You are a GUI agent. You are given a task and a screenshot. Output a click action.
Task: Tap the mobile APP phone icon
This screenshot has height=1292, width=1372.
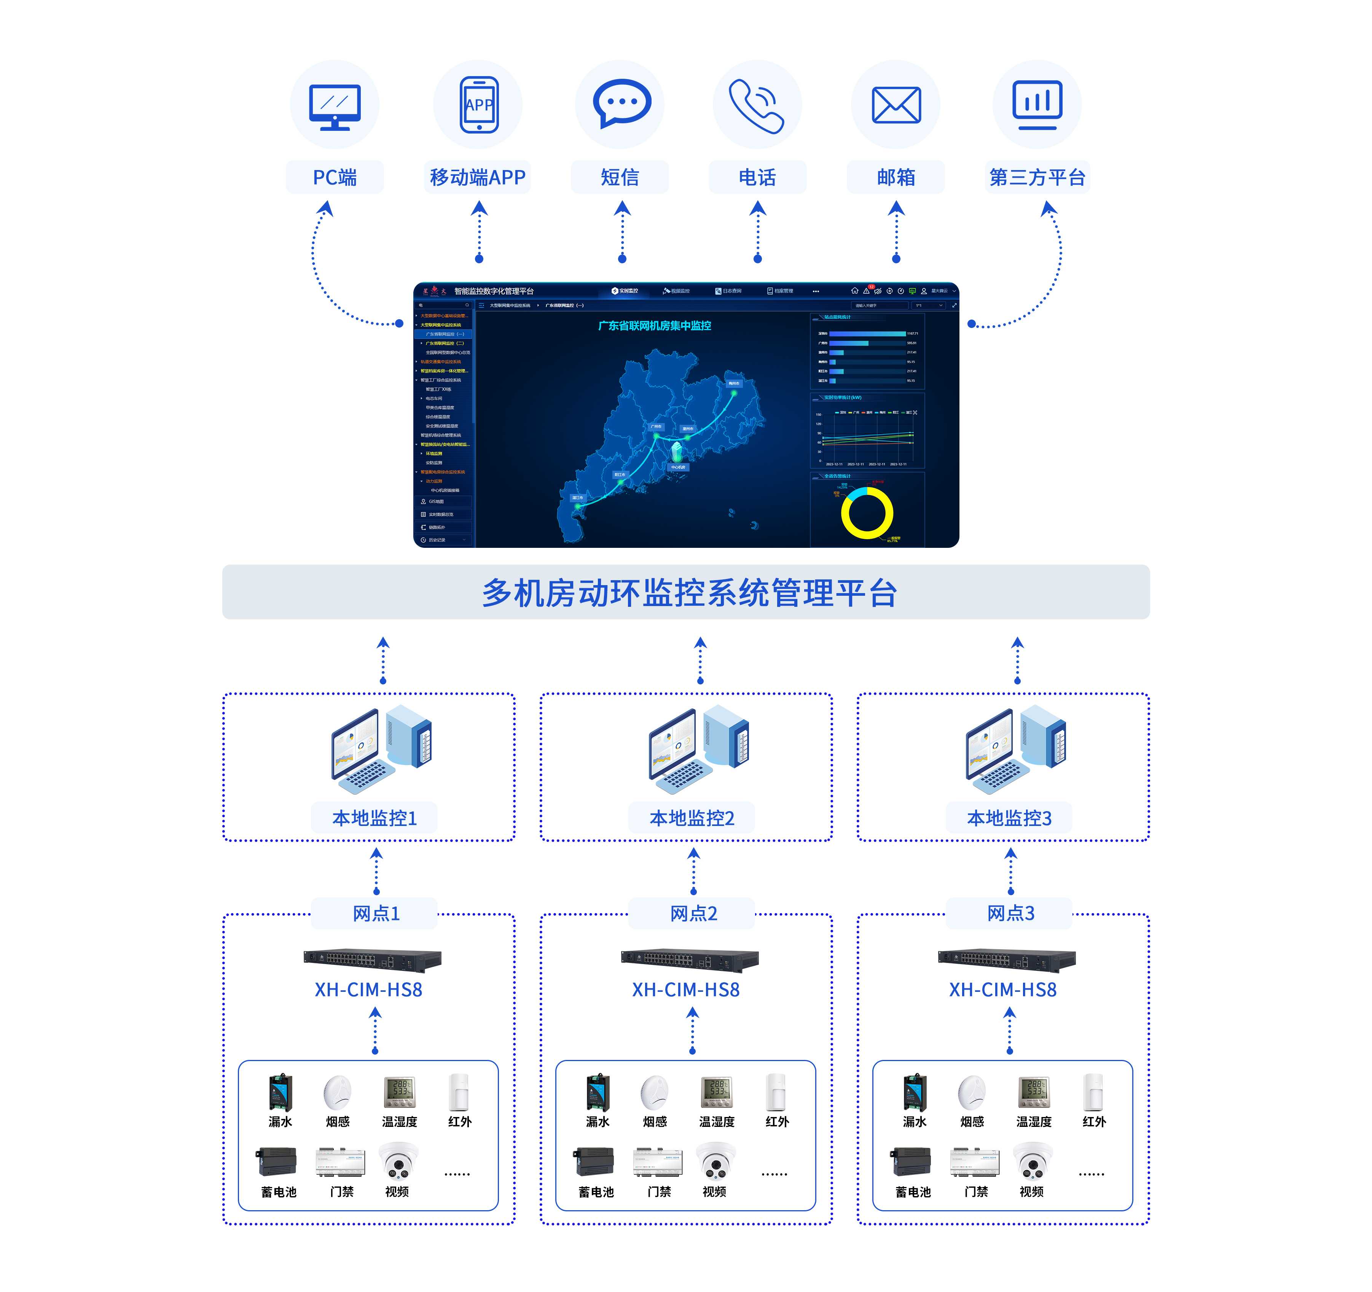tap(479, 105)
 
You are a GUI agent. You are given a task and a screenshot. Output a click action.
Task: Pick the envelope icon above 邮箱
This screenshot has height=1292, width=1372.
tap(896, 105)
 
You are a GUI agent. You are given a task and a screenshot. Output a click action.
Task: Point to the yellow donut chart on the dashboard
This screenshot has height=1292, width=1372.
tap(867, 512)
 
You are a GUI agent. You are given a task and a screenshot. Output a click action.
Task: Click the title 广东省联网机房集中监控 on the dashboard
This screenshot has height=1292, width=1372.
tap(654, 326)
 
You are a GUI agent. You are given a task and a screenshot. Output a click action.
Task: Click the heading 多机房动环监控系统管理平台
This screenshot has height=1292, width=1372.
tap(689, 592)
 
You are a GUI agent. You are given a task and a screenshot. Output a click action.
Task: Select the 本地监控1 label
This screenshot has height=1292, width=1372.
tap(375, 818)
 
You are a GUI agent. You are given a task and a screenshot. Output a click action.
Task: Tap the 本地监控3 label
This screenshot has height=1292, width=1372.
tap(1009, 818)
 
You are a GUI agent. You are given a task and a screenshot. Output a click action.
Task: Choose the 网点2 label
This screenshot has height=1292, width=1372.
tap(693, 913)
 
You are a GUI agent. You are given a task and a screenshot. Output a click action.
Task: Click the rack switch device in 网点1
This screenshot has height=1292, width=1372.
tap(373, 959)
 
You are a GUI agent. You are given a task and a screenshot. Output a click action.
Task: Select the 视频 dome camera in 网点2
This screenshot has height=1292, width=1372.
tap(715, 1162)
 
